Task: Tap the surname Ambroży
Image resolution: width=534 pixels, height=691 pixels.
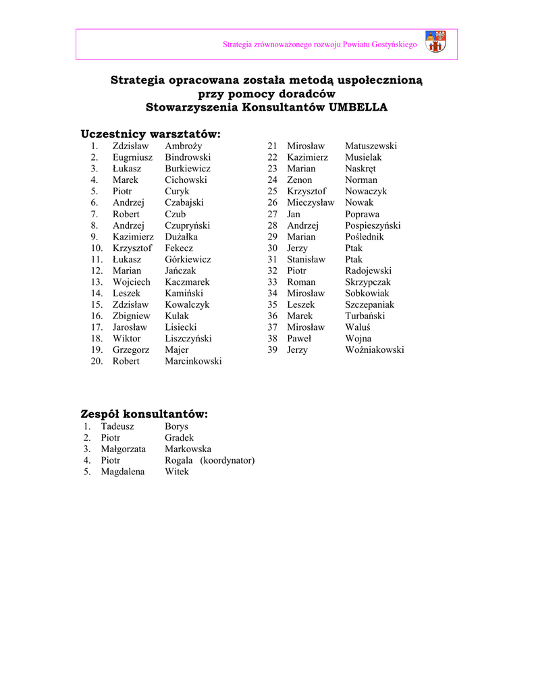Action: (x=184, y=146)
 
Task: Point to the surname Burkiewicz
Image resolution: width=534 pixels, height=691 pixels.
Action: (x=188, y=169)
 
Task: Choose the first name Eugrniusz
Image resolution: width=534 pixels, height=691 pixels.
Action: (x=132, y=157)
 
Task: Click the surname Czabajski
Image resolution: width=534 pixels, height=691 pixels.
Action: (x=184, y=202)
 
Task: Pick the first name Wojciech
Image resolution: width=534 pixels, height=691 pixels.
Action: (x=132, y=282)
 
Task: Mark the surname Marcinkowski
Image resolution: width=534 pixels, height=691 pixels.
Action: (x=193, y=361)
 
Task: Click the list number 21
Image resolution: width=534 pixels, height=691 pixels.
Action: (x=273, y=146)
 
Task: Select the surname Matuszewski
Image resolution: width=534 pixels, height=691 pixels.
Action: (x=371, y=146)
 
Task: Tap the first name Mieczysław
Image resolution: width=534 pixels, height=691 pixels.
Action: (x=311, y=202)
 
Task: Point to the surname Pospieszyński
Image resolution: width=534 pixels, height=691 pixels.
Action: (x=373, y=225)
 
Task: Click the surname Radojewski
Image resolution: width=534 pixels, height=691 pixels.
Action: (x=368, y=271)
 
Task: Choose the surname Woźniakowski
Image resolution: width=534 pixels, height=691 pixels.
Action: (x=375, y=350)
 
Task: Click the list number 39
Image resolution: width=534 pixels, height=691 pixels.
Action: (x=273, y=350)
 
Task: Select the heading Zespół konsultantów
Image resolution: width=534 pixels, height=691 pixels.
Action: (x=144, y=413)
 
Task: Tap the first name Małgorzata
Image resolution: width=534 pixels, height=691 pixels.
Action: (x=124, y=449)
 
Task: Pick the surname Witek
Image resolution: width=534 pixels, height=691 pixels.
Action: (x=177, y=472)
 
